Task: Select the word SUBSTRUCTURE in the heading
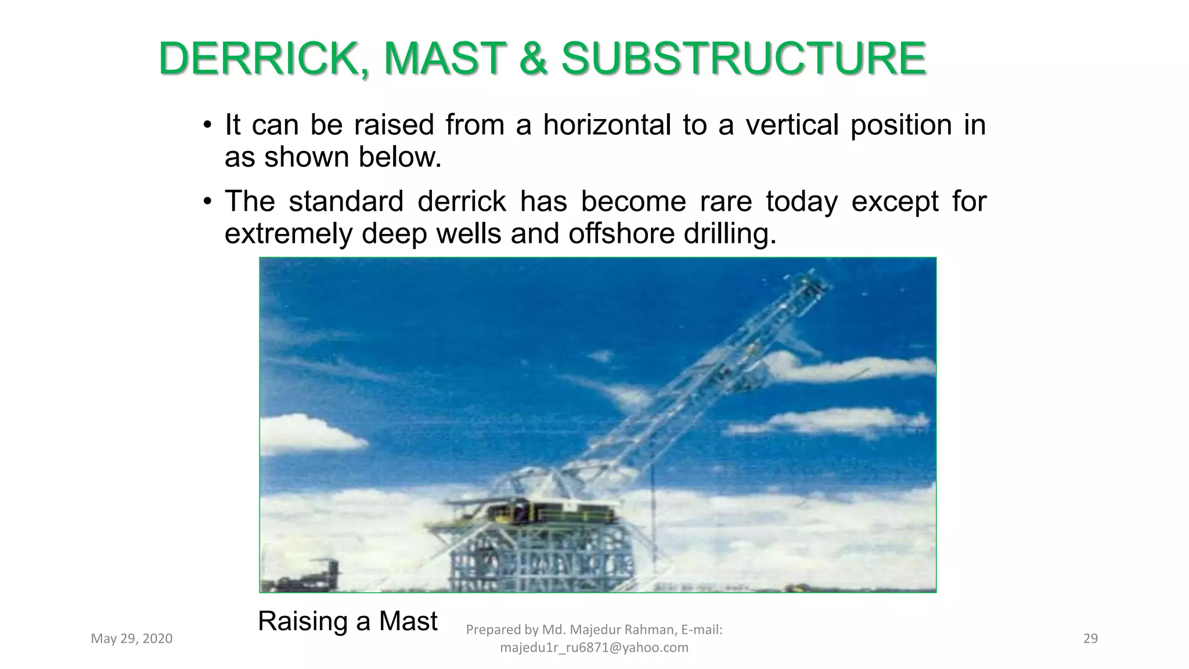pyautogui.click(x=743, y=59)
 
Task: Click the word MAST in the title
pyautogui.click(x=444, y=59)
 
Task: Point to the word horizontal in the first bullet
pyautogui.click(x=607, y=125)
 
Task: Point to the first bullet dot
pyautogui.click(x=207, y=125)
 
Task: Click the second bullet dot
pyautogui.click(x=207, y=202)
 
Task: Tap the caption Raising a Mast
pyautogui.click(x=347, y=621)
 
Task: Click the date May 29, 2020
pyautogui.click(x=132, y=639)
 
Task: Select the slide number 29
pyautogui.click(x=1090, y=639)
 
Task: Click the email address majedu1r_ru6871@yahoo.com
pyautogui.click(x=594, y=648)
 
